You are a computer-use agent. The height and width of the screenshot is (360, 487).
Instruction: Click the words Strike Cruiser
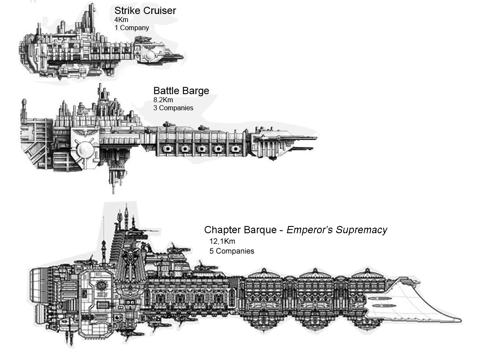coord(145,11)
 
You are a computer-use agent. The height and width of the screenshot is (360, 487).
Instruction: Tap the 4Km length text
coord(121,20)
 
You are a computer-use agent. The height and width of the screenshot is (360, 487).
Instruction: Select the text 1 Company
coord(131,28)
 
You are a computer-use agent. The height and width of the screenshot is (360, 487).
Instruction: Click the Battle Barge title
coord(181,91)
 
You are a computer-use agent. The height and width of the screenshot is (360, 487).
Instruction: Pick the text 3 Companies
coord(173,108)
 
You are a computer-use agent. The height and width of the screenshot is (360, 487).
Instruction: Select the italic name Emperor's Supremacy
coord(337,230)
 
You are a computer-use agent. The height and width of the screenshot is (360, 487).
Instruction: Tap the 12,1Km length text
coord(222,241)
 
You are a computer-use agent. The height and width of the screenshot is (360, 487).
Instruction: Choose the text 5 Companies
coord(231,251)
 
